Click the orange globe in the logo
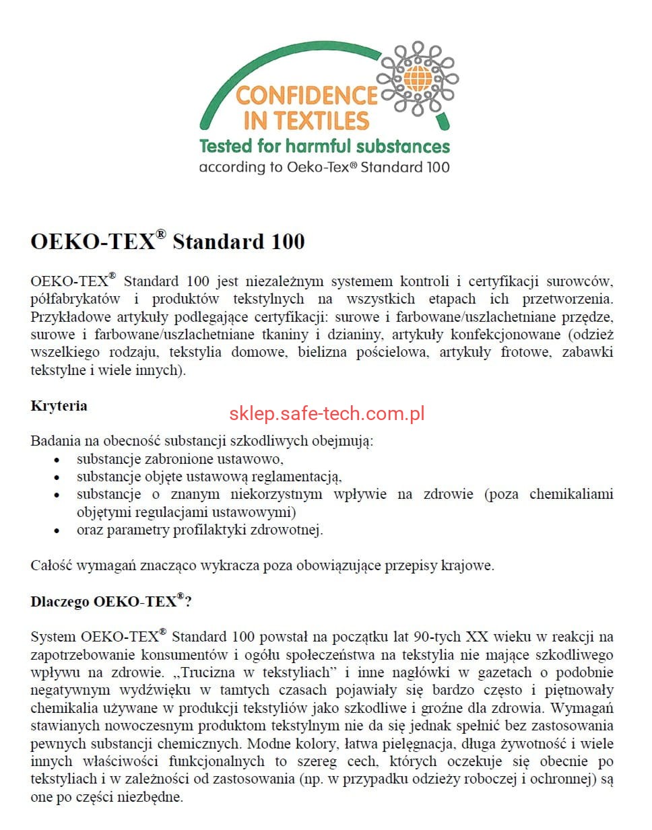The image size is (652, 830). coord(418,78)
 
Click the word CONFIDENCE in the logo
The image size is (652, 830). coord(306,96)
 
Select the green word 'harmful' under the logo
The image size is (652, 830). coord(318,146)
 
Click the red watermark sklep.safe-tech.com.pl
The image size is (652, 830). coord(327,413)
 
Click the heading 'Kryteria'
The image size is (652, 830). coord(59,406)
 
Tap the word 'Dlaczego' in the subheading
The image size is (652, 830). coord(59,602)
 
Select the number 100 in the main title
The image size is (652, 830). coord(288,242)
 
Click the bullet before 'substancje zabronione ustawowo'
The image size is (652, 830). coord(57,460)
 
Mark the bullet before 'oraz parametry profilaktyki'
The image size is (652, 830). coord(57,531)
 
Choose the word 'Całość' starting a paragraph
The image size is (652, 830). coord(51,565)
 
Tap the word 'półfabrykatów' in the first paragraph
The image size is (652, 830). coord(75,300)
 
